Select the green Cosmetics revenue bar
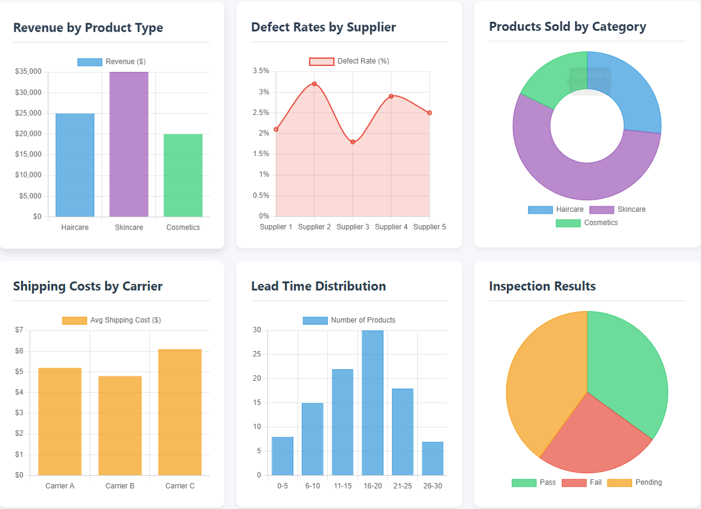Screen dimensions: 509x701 coord(183,175)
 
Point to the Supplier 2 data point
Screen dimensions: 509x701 coord(315,84)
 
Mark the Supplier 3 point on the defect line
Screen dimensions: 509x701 coord(353,142)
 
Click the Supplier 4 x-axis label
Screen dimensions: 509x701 coord(391,227)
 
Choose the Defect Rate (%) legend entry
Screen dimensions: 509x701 coord(350,61)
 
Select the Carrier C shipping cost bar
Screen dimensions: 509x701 coord(180,412)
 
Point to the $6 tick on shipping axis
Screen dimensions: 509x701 coord(19,351)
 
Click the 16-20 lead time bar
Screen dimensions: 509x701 coord(373,402)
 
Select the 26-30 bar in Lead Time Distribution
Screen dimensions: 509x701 coord(432,458)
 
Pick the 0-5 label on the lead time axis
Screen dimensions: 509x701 coord(282,486)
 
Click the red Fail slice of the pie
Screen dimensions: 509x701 coord(590,439)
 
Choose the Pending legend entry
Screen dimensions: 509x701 coord(634,482)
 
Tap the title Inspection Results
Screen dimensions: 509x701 coord(542,286)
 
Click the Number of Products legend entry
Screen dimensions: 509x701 coord(350,320)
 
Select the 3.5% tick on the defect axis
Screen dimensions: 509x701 coord(261,71)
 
